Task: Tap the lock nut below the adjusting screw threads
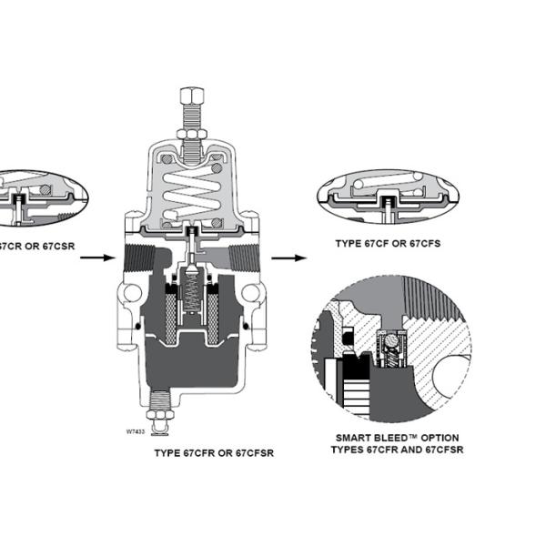coord(192,136)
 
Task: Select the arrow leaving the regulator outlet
coord(289,258)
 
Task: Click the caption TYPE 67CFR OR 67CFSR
coord(214,451)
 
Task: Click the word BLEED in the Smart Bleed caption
coord(383,437)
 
